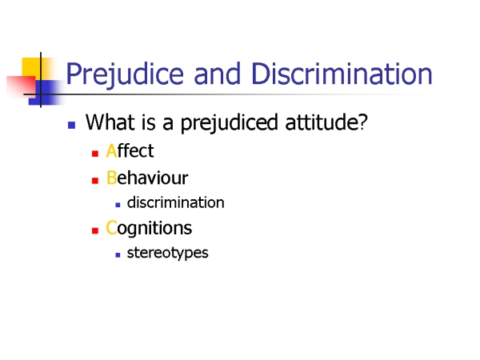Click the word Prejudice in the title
pos(125,74)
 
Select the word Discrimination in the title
pos(342,74)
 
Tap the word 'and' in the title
pos(217,74)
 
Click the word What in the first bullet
pos(110,122)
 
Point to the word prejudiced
pos(230,123)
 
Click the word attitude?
pos(326,122)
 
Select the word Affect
pos(130,151)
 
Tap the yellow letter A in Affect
pos(111,151)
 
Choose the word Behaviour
pos(147,178)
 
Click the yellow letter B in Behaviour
pos(111,178)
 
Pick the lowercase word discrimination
pos(176,202)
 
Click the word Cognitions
pos(149,228)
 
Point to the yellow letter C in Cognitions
pos(111,228)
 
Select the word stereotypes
pos(168,254)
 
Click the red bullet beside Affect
pos(95,154)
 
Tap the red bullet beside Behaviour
pos(95,180)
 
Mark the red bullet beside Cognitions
pos(95,230)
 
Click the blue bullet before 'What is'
pos(72,125)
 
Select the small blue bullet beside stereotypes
pos(118,254)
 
